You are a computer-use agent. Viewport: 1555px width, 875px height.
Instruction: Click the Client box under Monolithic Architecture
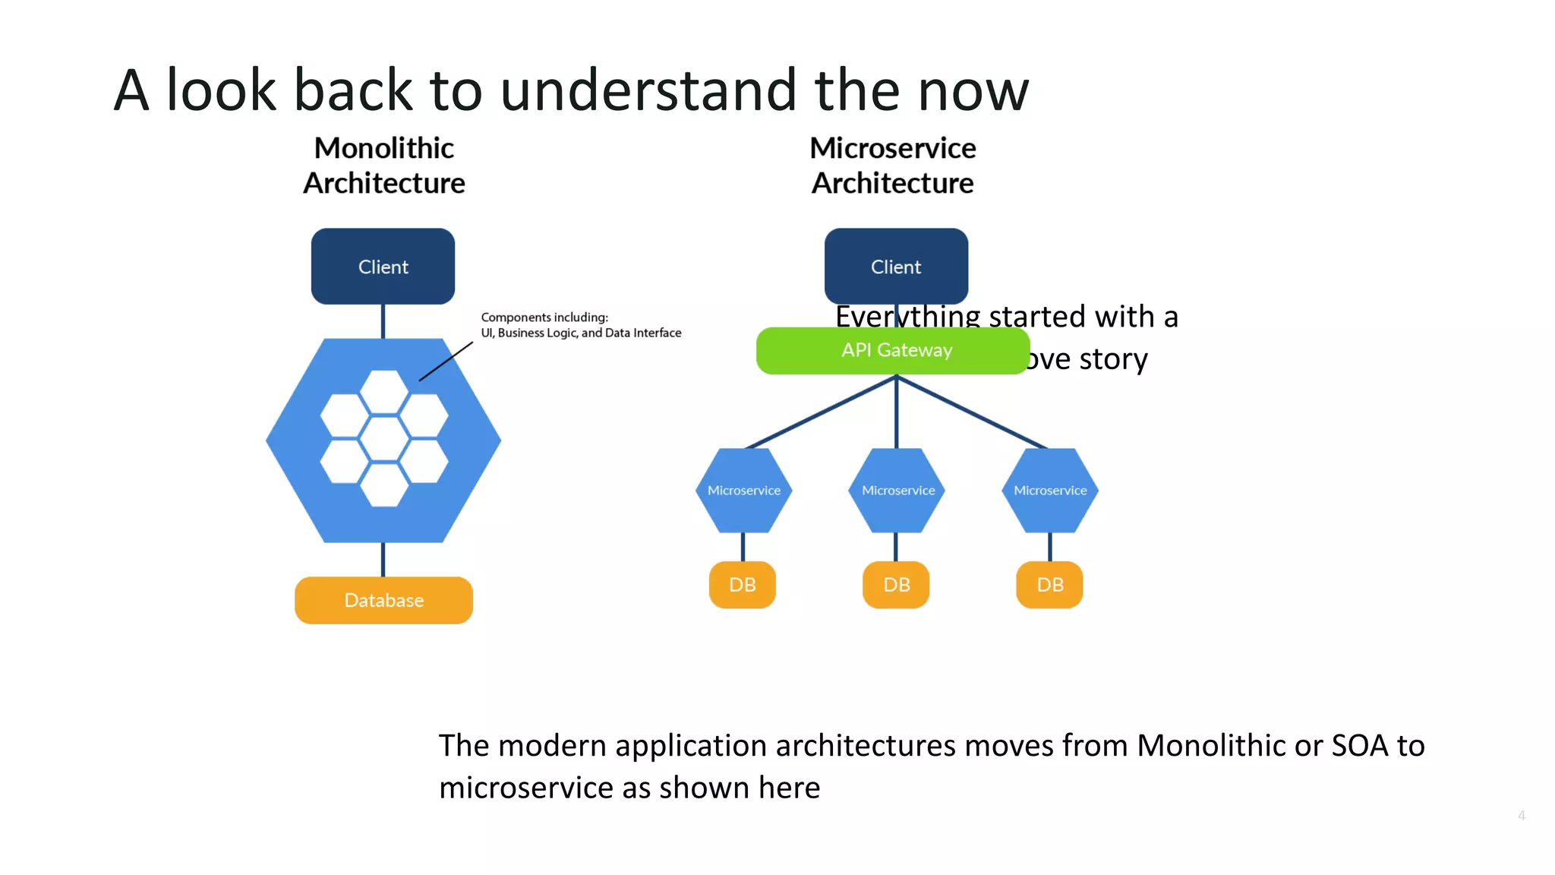[383, 267]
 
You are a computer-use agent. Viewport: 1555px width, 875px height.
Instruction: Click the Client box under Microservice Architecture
[896, 267]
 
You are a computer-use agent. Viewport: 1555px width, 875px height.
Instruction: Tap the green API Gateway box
[896, 350]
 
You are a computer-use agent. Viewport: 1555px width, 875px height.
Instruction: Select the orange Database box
[383, 600]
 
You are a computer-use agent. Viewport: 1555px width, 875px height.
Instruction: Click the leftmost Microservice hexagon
[743, 491]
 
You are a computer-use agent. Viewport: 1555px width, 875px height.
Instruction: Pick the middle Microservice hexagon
[897, 491]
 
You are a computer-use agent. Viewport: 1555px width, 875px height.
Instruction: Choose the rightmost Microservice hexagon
[1050, 491]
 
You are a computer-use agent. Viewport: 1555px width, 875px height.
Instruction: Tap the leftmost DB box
[742, 585]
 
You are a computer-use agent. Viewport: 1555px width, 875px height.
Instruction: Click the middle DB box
[896, 585]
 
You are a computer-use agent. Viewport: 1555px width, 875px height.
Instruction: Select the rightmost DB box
[1049, 585]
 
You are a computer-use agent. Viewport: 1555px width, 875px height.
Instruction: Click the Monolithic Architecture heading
[383, 166]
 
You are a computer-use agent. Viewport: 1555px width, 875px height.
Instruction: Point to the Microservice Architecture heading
[893, 166]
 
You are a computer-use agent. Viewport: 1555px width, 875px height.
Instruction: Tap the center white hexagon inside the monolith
[384, 439]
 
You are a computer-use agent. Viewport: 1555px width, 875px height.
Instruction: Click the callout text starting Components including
[580, 325]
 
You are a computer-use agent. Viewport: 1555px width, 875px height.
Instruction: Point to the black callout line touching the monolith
[446, 362]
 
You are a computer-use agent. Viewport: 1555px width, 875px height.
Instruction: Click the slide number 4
[1521, 815]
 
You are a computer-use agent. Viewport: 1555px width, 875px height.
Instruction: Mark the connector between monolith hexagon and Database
[383, 560]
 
